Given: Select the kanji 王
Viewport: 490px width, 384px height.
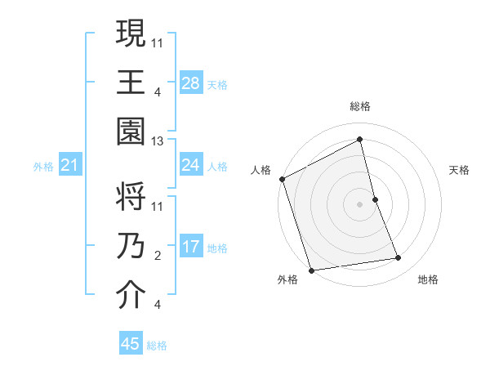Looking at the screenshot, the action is pyautogui.click(x=131, y=83).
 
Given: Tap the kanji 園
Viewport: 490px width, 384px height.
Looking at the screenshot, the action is pyautogui.click(x=131, y=132).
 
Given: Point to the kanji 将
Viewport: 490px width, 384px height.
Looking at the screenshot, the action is pyautogui.click(x=131, y=196).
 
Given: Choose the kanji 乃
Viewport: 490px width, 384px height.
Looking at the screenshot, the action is pyautogui.click(x=131, y=246).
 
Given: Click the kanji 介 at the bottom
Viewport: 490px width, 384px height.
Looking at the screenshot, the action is pyautogui.click(x=131, y=296).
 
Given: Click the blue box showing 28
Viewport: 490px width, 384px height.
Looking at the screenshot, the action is pyautogui.click(x=191, y=83).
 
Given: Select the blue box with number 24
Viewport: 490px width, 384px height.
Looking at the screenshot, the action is pyautogui.click(x=191, y=165).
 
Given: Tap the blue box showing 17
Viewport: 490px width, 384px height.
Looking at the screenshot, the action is pyautogui.click(x=191, y=247).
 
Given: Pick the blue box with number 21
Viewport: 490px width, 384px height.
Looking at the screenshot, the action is pyautogui.click(x=70, y=166).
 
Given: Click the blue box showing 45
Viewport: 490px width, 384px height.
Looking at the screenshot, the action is pyautogui.click(x=131, y=344).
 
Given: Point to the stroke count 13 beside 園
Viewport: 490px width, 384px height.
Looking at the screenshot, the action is pyautogui.click(x=158, y=141).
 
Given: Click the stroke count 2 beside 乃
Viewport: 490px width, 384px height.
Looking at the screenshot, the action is pyautogui.click(x=158, y=256).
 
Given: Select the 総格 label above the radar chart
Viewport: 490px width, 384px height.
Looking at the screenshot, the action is pyautogui.click(x=360, y=106).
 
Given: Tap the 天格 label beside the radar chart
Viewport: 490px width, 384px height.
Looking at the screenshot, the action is pyautogui.click(x=460, y=170).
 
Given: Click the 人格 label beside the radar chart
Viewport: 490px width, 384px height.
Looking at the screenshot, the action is pyautogui.click(x=261, y=170).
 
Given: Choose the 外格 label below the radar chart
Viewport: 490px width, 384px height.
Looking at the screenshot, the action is pyautogui.click(x=287, y=279).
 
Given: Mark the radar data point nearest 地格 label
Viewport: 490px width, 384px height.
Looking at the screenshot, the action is pyautogui.click(x=399, y=258).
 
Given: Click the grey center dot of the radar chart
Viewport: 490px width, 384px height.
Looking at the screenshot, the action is pyautogui.click(x=360, y=204).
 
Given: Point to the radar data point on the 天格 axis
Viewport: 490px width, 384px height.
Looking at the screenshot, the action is pyautogui.click(x=375, y=199).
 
